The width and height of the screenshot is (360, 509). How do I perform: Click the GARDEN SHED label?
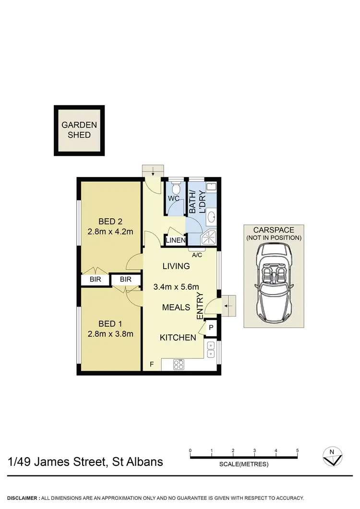[x=79, y=130]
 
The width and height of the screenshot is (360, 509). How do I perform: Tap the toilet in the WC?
[x=175, y=187]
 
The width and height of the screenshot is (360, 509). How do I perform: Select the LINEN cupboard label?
[x=176, y=240]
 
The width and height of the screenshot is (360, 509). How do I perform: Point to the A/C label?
[x=197, y=255]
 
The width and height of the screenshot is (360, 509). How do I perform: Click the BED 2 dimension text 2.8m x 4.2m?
[x=110, y=232]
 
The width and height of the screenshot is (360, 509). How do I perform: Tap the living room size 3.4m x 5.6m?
[x=176, y=287]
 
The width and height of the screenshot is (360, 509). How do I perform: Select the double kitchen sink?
[x=211, y=350]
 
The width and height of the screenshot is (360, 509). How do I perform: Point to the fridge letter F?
[x=152, y=365]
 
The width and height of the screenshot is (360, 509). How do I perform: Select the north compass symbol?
[x=332, y=457]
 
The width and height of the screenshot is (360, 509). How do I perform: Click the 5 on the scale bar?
[x=298, y=450]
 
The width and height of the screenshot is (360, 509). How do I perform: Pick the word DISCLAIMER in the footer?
[x=23, y=498]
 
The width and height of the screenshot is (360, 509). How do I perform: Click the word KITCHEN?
[x=178, y=338]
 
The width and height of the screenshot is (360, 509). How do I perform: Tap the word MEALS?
[x=176, y=307]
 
